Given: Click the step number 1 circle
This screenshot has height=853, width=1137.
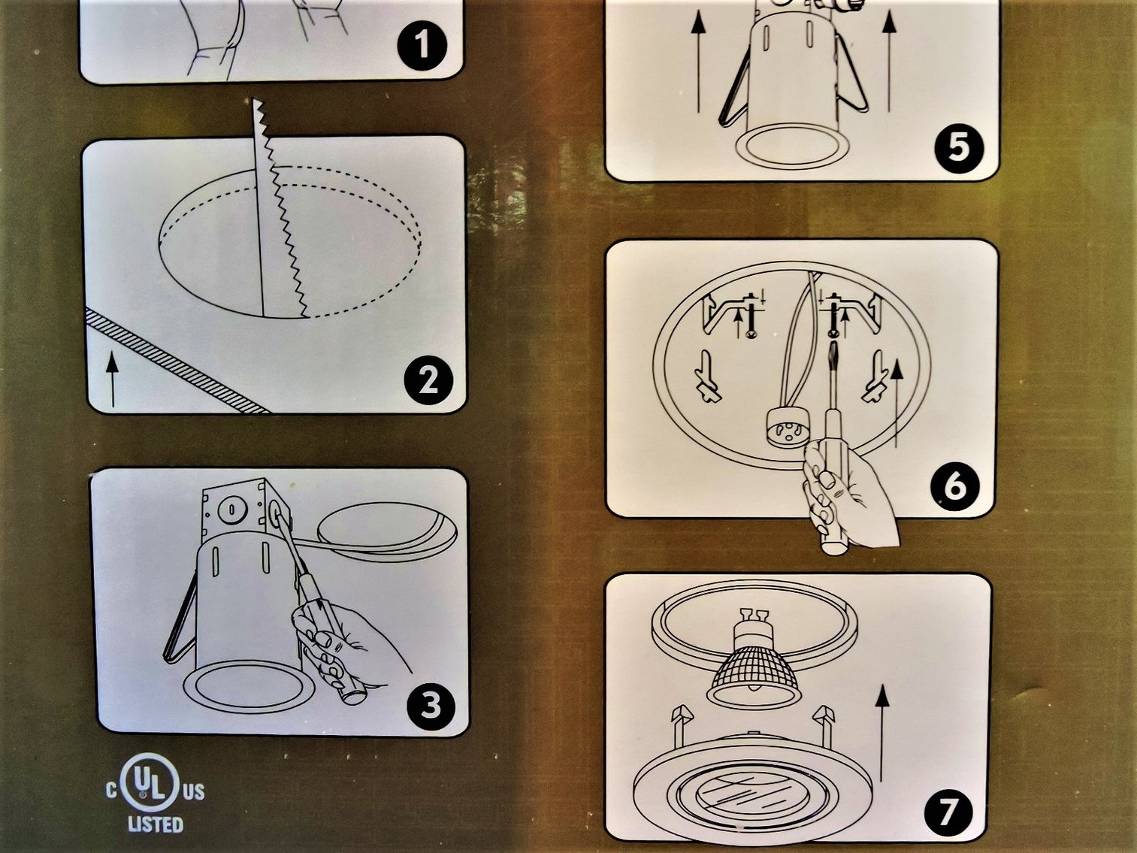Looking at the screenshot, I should [422, 44].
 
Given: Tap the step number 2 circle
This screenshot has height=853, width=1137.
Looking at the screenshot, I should [428, 380].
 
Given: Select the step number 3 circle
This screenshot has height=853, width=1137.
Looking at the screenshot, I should [431, 705].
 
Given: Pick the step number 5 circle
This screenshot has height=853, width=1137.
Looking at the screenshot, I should [959, 147].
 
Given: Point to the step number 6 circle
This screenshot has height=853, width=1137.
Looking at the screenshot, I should [954, 486].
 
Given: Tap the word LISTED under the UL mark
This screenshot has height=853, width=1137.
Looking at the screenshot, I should [155, 824].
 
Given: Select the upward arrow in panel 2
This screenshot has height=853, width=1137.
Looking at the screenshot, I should [112, 380].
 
